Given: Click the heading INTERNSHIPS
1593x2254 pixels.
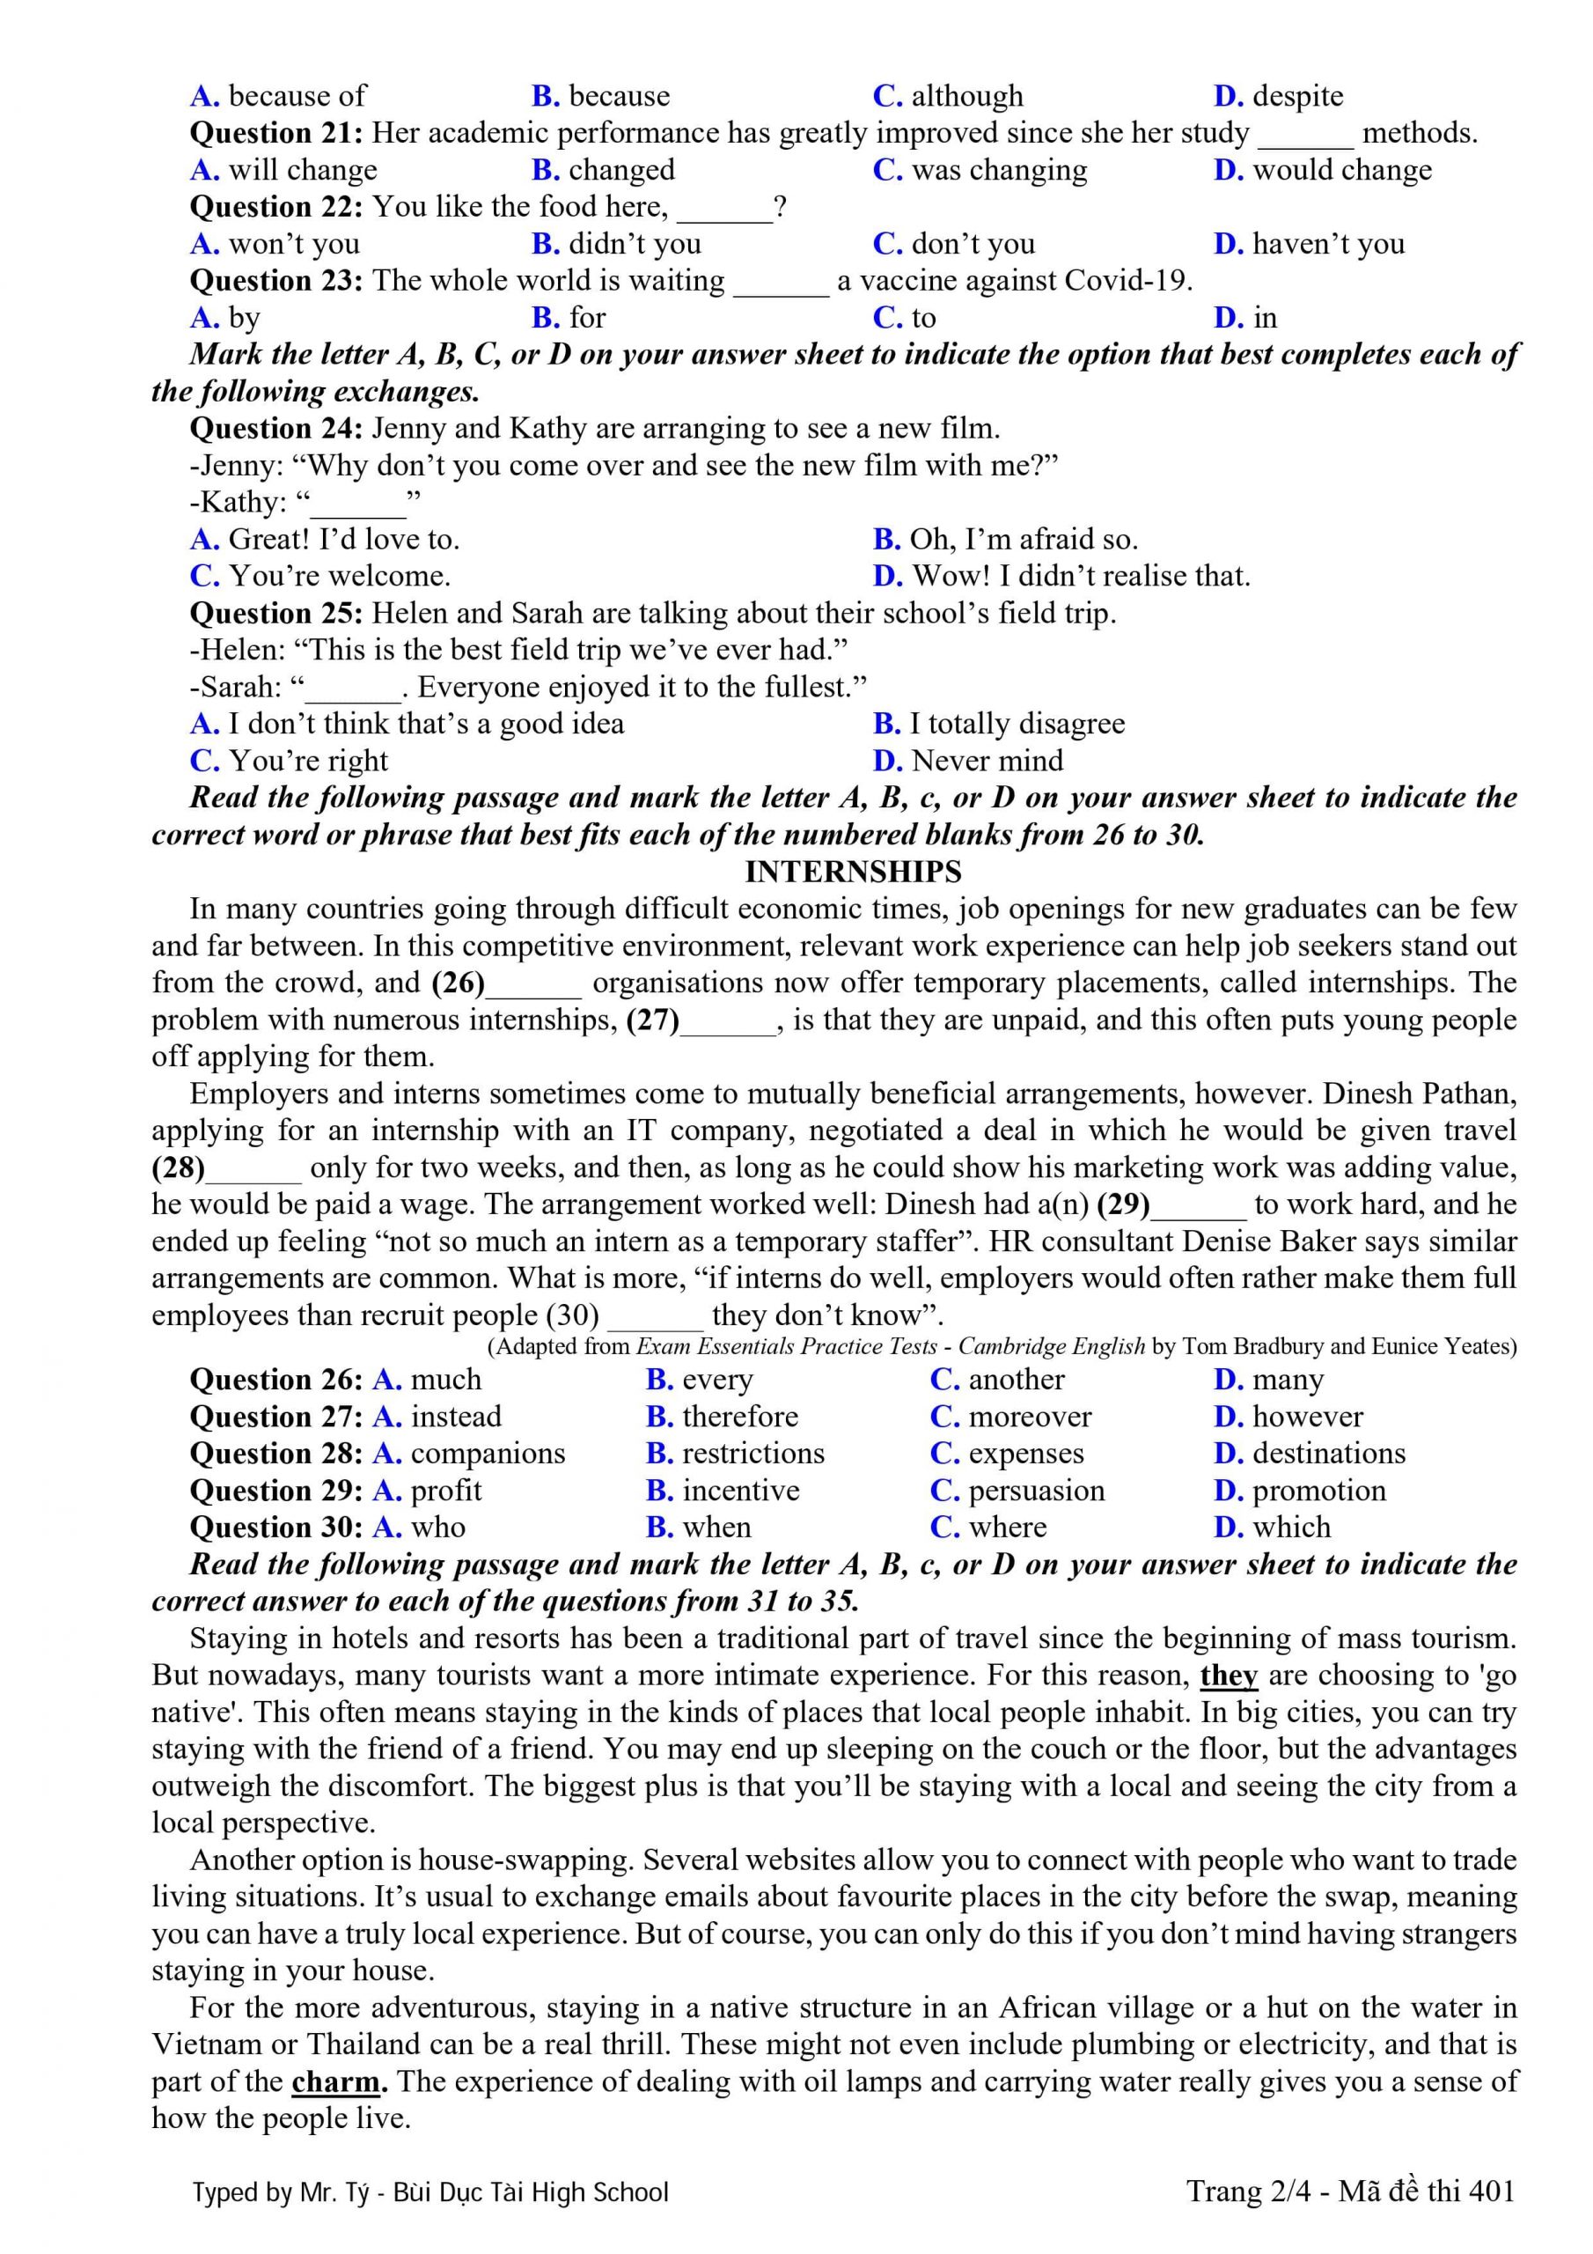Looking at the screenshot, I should click(x=852, y=872).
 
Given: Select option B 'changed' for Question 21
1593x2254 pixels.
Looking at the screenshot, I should click(x=620, y=170).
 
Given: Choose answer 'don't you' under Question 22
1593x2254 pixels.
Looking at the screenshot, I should click(x=972, y=244).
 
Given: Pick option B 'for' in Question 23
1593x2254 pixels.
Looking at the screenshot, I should click(x=586, y=317).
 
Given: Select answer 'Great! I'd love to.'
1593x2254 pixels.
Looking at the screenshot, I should click(x=342, y=539).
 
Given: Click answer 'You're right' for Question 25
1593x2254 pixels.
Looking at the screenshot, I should click(x=307, y=761).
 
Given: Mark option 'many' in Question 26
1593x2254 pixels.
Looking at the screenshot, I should click(x=1287, y=1380).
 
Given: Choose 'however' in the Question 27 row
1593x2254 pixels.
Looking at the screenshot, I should click(x=1306, y=1417).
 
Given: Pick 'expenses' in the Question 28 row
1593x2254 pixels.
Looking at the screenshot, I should click(x=1024, y=1453).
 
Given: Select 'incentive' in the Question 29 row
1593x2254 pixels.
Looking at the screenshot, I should click(x=740, y=1491).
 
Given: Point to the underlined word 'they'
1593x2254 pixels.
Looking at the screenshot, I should click(x=1228, y=1675).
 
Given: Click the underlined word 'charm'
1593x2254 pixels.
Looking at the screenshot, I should click(x=335, y=2081).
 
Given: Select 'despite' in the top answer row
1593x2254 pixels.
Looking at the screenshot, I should click(x=1296, y=96).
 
